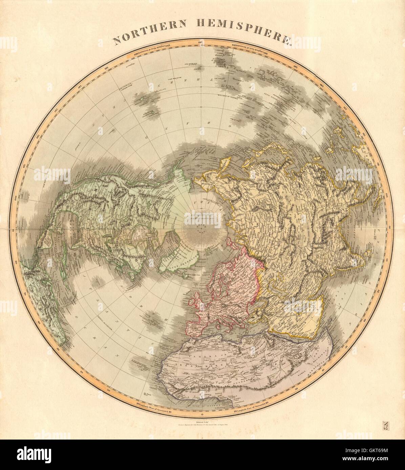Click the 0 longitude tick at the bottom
pos(202,414)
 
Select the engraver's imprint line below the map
pos(202,422)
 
